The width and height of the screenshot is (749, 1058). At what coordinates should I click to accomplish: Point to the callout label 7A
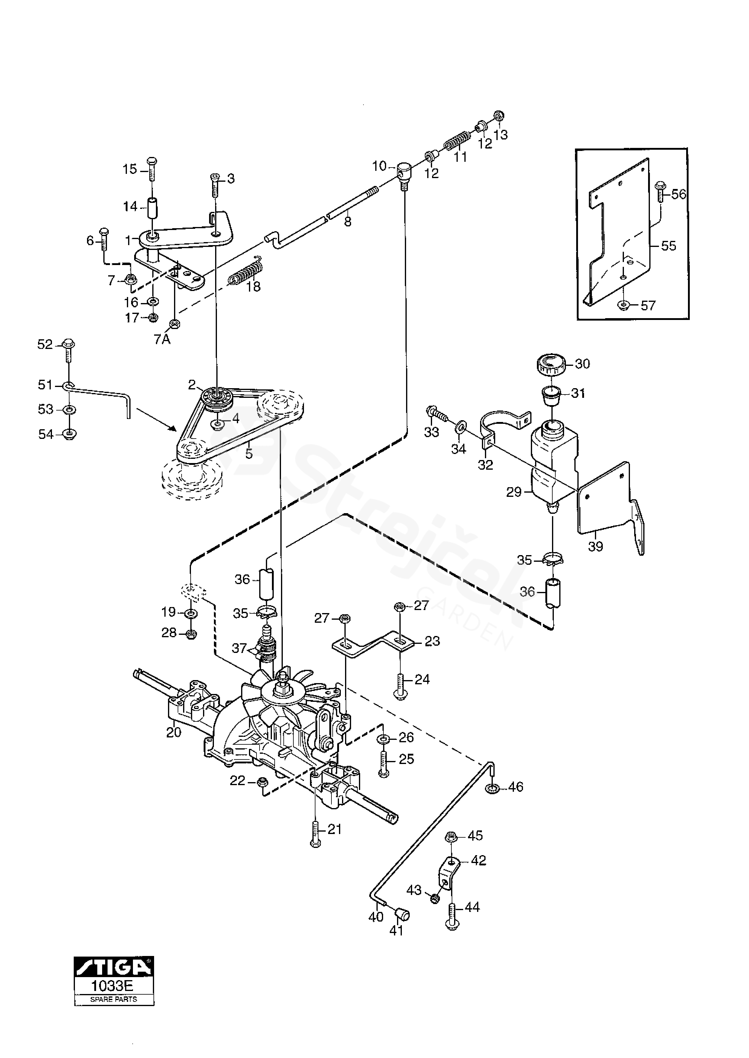tap(162, 340)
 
